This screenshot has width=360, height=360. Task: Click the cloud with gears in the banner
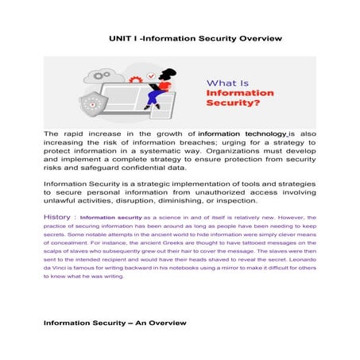pyautogui.click(x=106, y=76)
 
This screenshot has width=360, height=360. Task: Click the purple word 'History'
pyautogui.click(x=59, y=217)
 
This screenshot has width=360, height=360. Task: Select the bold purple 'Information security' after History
pyautogui.click(x=110, y=218)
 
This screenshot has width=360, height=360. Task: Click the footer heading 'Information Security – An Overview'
pyautogui.click(x=114, y=323)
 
